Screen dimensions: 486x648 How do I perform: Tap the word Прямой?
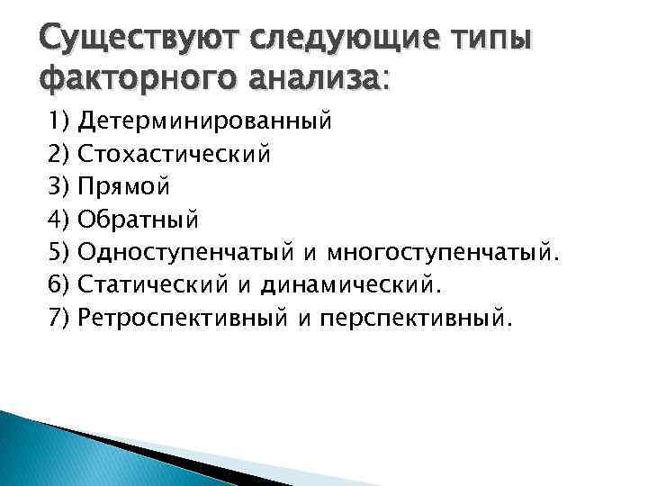[123, 186]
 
